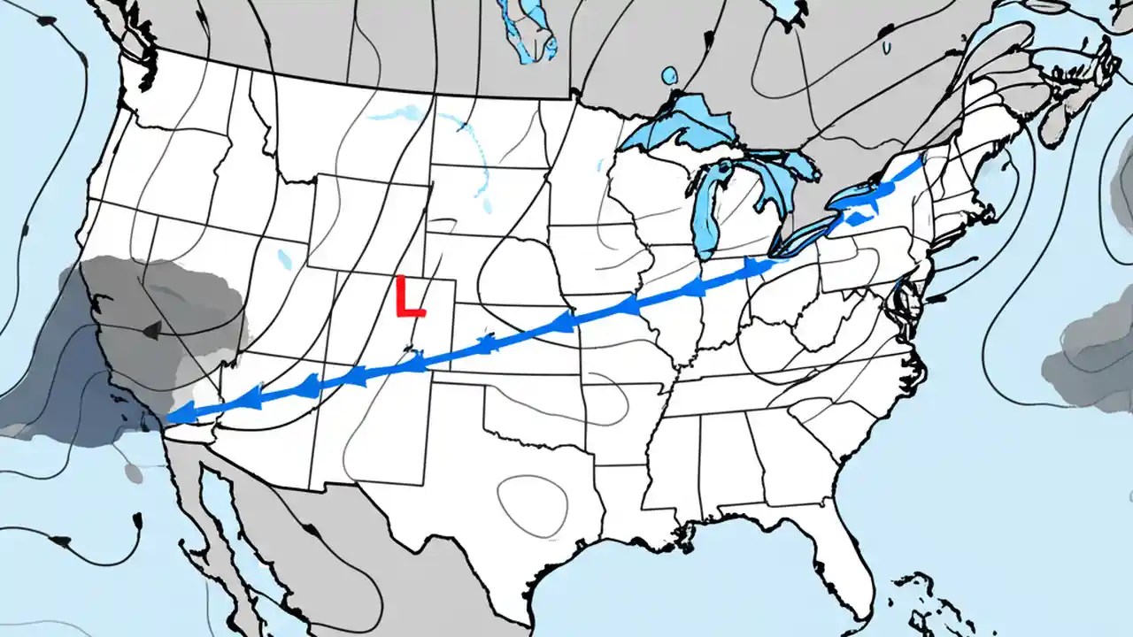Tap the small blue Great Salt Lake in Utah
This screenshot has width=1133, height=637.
pos(284,259)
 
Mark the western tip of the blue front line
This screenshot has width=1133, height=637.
pos(168,416)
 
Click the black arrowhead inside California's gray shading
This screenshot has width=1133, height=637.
pos(151,331)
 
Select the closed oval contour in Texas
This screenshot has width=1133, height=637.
pos(531,504)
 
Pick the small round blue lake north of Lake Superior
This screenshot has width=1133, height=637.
pos(670,75)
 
